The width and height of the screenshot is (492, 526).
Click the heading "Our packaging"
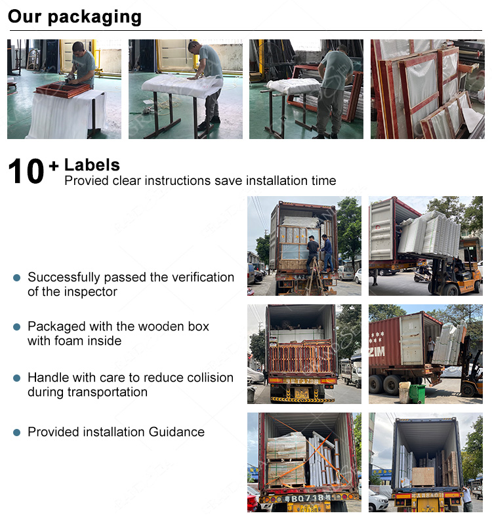(x=75, y=17)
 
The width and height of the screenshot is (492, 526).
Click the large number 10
(x=26, y=171)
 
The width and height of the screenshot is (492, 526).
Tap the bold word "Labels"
(x=92, y=165)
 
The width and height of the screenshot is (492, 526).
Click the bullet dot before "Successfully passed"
(x=17, y=277)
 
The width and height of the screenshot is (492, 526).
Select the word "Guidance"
(x=176, y=432)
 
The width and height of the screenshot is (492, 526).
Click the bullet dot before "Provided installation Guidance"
(x=17, y=432)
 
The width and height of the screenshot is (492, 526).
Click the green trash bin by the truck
(x=417, y=394)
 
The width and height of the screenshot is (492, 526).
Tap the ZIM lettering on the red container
(x=377, y=352)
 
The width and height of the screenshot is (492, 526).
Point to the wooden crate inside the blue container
(x=423, y=477)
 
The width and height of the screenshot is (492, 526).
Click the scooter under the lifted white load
(x=423, y=273)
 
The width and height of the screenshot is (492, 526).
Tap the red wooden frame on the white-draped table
(x=63, y=89)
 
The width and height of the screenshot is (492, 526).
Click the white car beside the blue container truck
(x=379, y=500)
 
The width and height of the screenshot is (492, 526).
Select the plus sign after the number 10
(x=54, y=166)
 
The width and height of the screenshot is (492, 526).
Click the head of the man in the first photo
(x=79, y=47)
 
